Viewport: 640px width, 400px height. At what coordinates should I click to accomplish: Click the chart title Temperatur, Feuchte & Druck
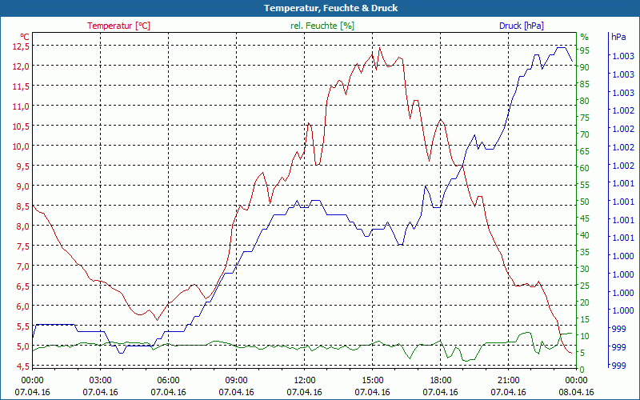(320, 8)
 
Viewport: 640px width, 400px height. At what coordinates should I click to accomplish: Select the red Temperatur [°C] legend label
(118, 26)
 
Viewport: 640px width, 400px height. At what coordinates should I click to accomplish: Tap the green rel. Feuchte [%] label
(322, 26)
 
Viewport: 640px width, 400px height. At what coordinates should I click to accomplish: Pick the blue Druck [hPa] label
(521, 26)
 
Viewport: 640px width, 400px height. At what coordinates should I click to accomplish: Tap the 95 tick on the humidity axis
(585, 50)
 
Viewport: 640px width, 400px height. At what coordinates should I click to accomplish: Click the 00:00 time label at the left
(32, 380)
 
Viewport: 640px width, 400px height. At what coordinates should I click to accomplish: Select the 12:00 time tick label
(304, 380)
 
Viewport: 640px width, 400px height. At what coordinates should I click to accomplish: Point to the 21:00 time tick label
(508, 380)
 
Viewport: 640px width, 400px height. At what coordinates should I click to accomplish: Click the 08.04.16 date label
(576, 392)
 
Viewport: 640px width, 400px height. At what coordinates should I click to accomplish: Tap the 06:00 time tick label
(168, 380)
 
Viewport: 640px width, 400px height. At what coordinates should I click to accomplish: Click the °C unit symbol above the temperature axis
(25, 37)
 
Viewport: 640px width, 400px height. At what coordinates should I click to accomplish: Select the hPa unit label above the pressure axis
(618, 37)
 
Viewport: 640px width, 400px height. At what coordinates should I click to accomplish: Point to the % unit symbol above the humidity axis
(584, 37)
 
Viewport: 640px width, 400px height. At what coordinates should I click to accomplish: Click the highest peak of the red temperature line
(379, 47)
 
